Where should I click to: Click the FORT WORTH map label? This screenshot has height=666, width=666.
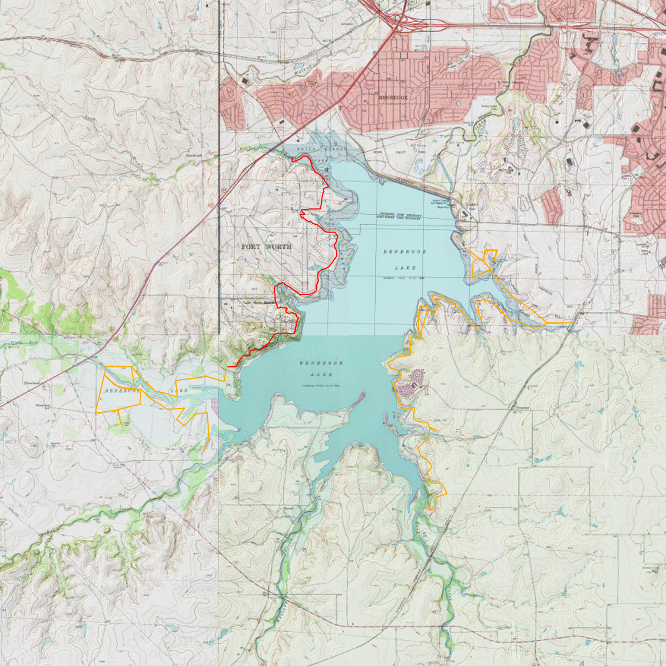(x=266, y=246)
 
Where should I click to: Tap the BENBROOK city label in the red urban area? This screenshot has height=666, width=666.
(x=393, y=98)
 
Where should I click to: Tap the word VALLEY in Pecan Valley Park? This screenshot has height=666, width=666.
(x=401, y=152)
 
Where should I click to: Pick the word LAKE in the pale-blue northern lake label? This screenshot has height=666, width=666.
(x=405, y=268)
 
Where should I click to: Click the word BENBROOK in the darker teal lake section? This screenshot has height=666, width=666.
(x=321, y=363)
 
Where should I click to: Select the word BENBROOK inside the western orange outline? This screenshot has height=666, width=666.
(x=121, y=391)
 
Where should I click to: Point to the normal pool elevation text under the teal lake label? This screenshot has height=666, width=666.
(x=321, y=386)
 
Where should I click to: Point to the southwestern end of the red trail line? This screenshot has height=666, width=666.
(x=228, y=367)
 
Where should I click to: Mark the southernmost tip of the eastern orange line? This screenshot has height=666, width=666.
(x=431, y=509)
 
